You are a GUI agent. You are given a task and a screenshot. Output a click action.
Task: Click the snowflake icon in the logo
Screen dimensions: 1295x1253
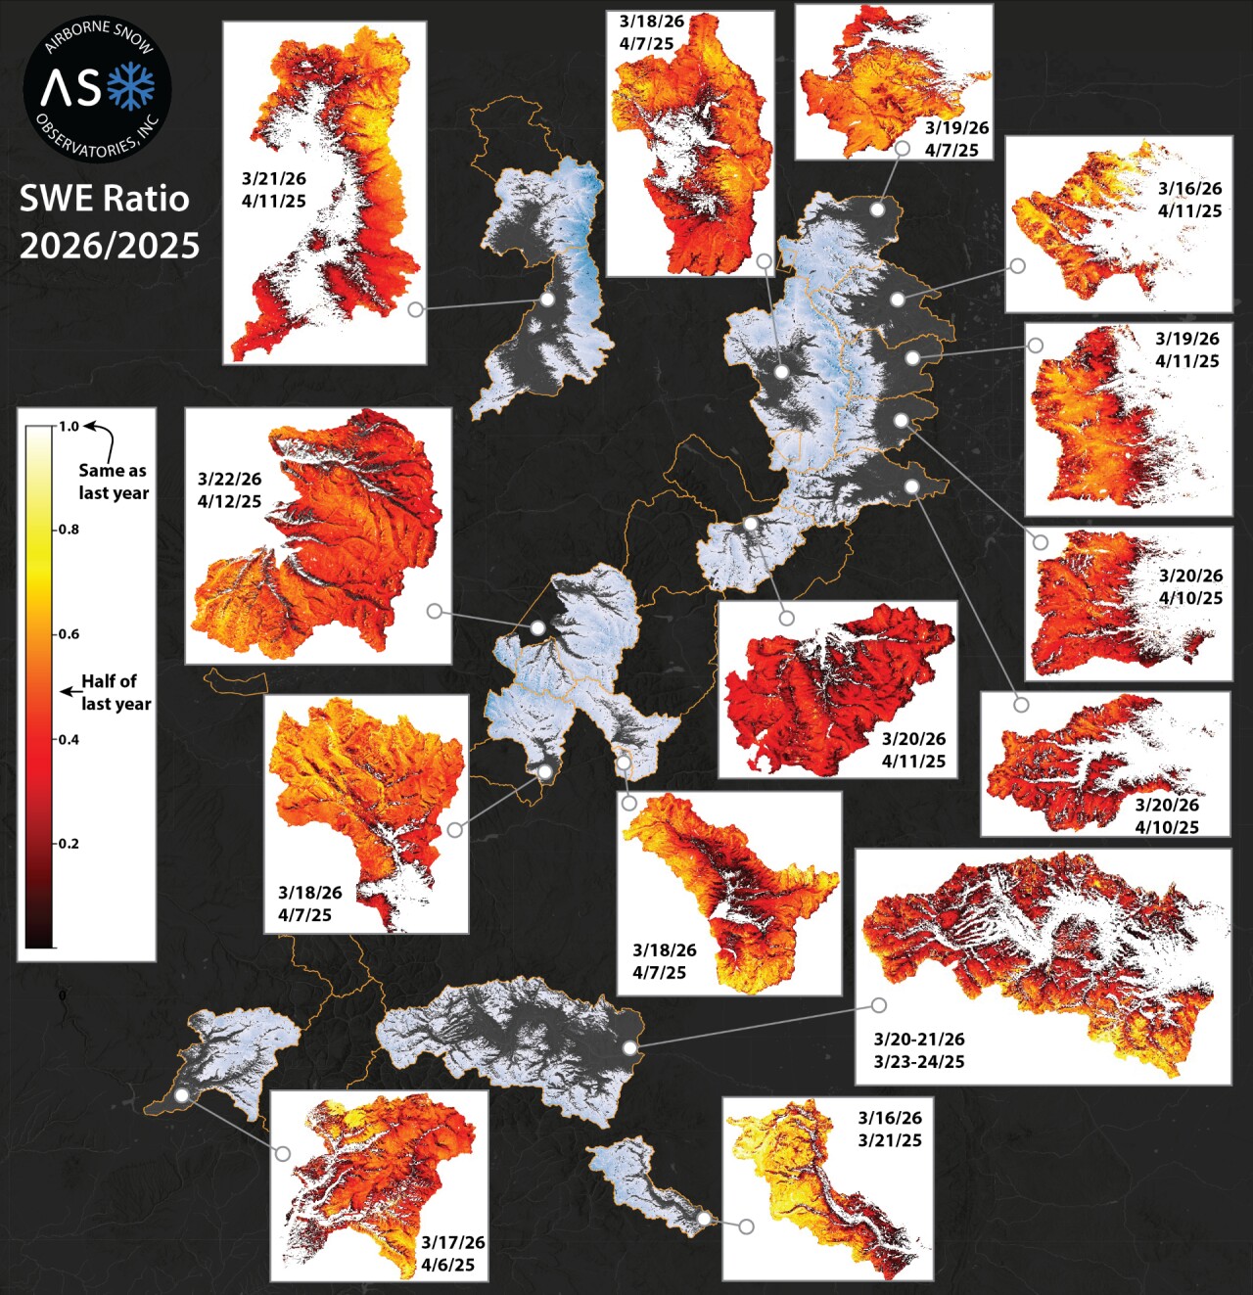click(x=130, y=87)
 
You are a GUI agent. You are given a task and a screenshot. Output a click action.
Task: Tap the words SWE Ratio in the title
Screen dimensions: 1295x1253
click(x=104, y=199)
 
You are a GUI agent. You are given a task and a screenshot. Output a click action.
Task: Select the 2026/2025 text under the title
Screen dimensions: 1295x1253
click(x=109, y=245)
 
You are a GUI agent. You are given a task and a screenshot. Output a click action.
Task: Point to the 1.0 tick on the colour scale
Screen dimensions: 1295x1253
click(x=68, y=427)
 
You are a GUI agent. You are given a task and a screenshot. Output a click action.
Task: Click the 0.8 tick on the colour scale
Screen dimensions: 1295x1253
click(x=68, y=530)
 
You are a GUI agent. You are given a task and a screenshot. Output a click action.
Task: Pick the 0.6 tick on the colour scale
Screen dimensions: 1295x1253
click(x=68, y=634)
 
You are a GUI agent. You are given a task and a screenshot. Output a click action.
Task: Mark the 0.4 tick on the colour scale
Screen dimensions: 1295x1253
click(x=68, y=739)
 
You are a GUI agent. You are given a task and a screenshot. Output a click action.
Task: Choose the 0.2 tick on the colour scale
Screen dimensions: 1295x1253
click(x=68, y=844)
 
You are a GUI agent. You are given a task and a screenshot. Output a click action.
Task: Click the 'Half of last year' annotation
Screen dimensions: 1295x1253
click(x=116, y=692)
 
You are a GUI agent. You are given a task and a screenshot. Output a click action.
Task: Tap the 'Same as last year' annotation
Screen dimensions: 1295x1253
click(x=113, y=482)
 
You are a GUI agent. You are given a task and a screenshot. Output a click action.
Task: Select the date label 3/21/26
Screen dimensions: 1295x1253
click(x=274, y=178)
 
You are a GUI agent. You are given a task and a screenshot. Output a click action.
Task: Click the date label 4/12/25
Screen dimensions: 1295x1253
click(x=229, y=501)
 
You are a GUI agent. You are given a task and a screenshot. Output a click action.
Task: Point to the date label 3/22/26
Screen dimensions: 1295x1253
click(x=229, y=479)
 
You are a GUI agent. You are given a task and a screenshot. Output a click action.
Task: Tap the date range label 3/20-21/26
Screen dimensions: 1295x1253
click(x=918, y=1039)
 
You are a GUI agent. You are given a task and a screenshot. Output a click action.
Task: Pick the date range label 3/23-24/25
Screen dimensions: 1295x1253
click(x=918, y=1061)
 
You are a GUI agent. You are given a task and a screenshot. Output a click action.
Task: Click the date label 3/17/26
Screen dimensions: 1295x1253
click(x=453, y=1242)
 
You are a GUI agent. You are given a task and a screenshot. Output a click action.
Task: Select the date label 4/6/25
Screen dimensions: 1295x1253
click(x=447, y=1265)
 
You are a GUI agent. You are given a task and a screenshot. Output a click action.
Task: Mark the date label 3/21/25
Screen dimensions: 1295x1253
click(x=889, y=1140)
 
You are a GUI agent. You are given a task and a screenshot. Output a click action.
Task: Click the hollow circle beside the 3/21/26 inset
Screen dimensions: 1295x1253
click(x=416, y=309)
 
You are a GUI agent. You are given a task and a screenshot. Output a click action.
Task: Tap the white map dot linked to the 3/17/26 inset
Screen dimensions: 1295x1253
click(x=181, y=1095)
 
